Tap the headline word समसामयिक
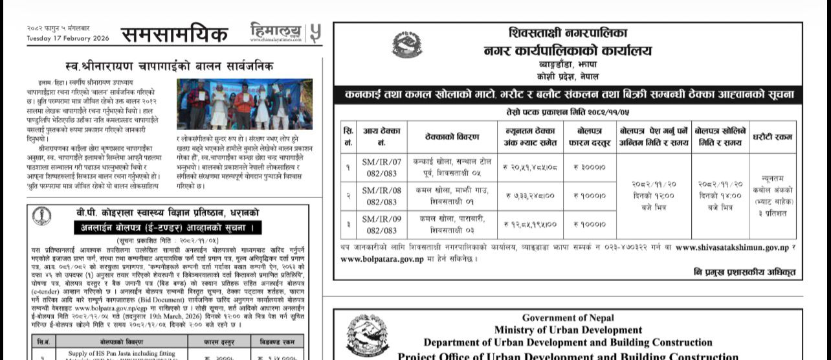(175, 34)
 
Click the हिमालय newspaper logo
(276, 32)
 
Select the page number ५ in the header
(315, 32)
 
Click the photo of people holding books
(244, 104)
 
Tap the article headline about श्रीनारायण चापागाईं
(170, 65)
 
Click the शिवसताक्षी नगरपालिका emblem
(406, 45)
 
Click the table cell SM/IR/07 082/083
(381, 166)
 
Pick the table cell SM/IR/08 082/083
(381, 195)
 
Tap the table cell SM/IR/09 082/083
(381, 224)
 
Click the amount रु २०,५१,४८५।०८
(530, 167)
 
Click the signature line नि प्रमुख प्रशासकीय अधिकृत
(744, 271)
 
